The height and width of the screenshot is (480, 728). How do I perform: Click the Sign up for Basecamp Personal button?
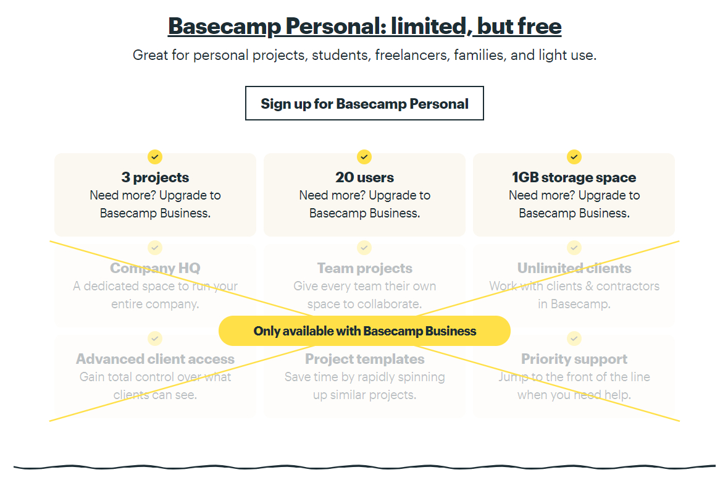tap(364, 103)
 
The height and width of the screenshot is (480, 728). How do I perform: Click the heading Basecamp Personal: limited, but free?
tap(364, 26)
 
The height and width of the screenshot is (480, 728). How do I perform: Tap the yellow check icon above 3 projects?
tap(155, 157)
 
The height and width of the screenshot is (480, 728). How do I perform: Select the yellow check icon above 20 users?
tap(364, 157)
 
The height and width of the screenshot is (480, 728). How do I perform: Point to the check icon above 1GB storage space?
tap(574, 157)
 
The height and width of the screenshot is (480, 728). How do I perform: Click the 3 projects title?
tap(155, 177)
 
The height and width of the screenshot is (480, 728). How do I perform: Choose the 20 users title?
tap(364, 177)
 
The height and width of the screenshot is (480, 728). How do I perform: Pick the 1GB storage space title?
tap(574, 177)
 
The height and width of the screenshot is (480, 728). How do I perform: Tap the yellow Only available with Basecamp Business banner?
tap(364, 331)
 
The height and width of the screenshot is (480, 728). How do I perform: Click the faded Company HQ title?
tap(155, 268)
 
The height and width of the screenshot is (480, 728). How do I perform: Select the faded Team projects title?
tap(364, 268)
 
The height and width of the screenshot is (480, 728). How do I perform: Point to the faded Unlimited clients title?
tap(574, 268)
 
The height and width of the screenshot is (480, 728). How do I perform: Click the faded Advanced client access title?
tap(155, 359)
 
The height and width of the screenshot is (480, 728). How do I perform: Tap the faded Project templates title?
tap(364, 359)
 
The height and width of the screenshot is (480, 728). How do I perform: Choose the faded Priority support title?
tap(574, 359)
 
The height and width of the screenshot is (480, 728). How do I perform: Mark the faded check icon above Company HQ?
tap(155, 248)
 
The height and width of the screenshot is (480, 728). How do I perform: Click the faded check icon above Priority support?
tap(574, 339)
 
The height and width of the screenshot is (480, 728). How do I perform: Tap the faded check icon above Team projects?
tap(364, 248)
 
